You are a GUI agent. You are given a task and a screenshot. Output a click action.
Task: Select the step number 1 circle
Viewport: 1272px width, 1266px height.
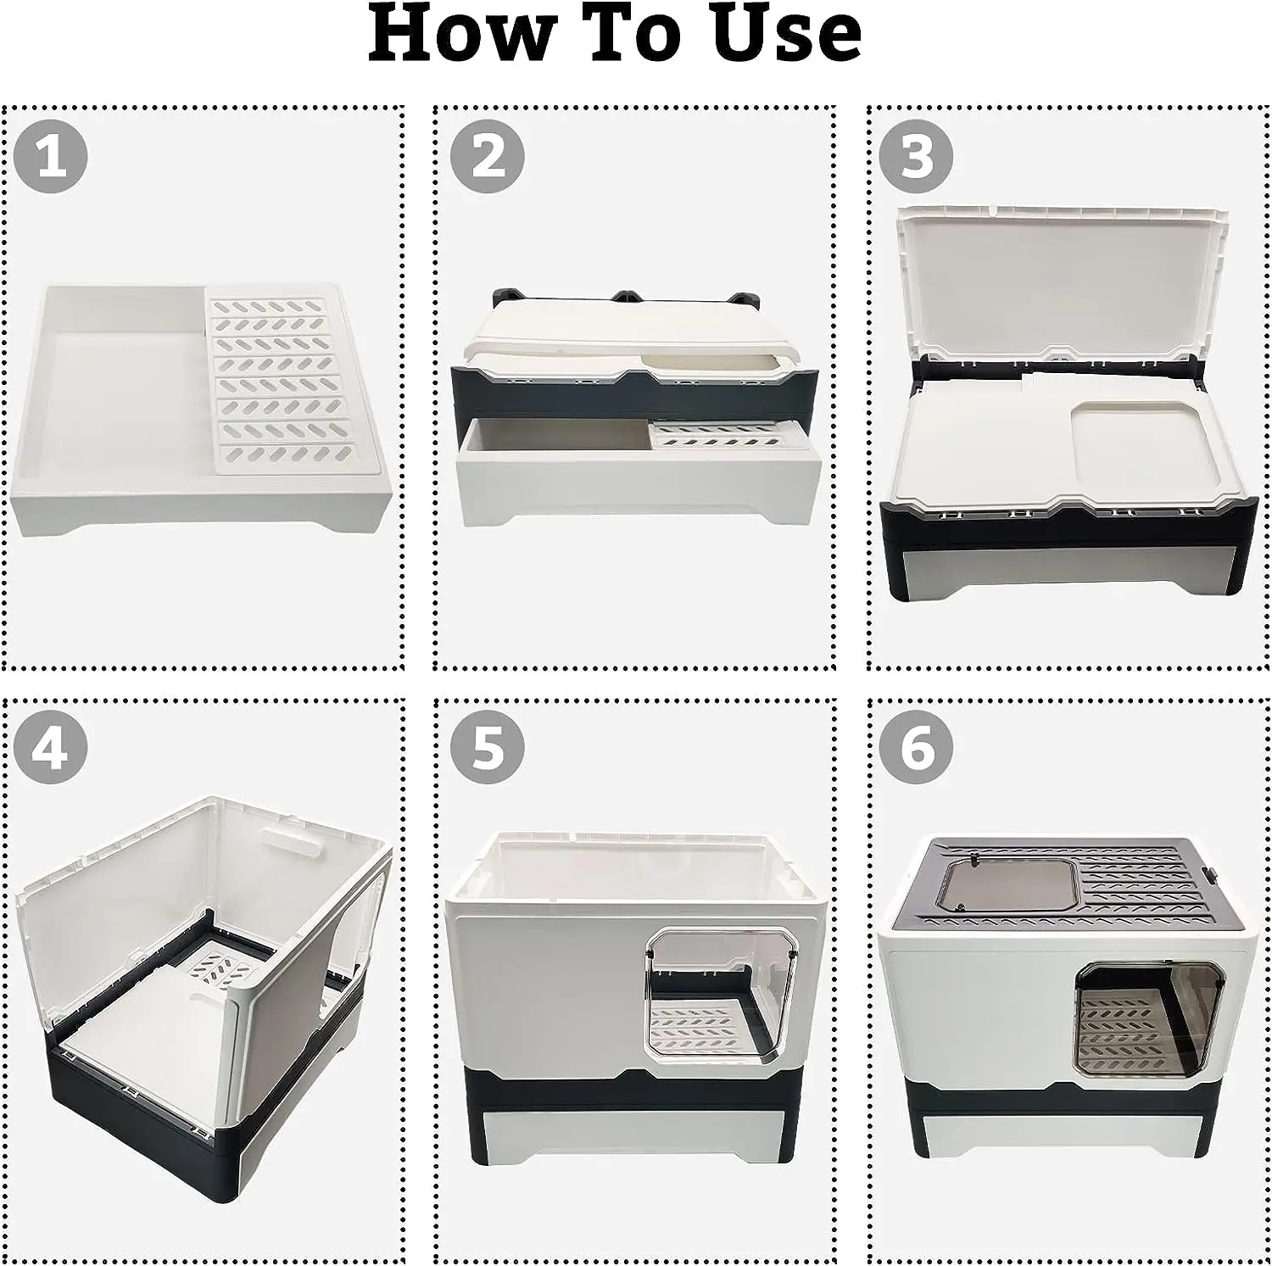click(x=51, y=156)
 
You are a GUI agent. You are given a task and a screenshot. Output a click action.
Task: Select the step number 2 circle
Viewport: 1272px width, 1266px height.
click(x=487, y=156)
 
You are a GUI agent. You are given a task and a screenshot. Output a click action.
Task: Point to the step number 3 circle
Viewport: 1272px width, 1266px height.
click(x=916, y=156)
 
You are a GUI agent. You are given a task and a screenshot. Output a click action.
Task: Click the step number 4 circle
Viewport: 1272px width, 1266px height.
click(x=51, y=748)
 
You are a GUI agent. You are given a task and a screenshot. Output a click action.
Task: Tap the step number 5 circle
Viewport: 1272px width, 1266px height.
click(x=487, y=748)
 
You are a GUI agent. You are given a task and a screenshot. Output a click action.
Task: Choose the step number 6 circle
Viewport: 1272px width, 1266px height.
click(x=916, y=748)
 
